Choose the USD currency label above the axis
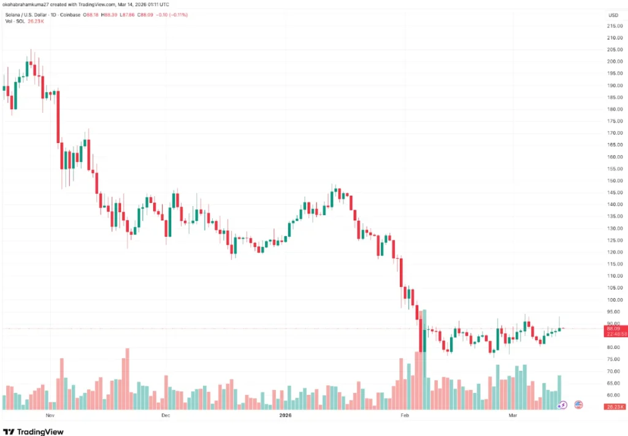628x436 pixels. coord(613,15)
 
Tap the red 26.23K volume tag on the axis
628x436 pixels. coord(614,407)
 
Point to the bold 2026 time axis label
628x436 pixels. coord(285,415)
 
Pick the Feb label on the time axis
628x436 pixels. coord(404,415)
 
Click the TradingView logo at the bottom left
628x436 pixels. coord(33,431)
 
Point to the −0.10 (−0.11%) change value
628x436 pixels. coord(174,13)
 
